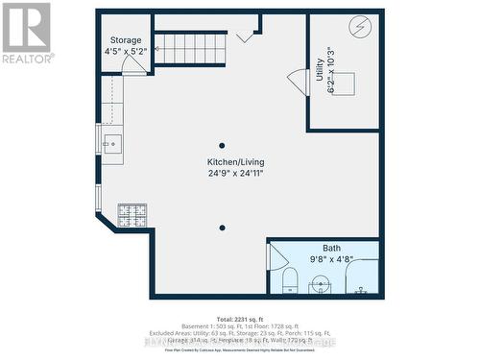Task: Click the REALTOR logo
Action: tap(26, 33)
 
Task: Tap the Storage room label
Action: tap(125, 40)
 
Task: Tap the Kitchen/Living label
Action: tap(235, 161)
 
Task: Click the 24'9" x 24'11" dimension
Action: tap(235, 174)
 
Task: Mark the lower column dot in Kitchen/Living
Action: tap(222, 228)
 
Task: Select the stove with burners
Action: tap(131, 214)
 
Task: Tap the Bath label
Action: tap(331, 248)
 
